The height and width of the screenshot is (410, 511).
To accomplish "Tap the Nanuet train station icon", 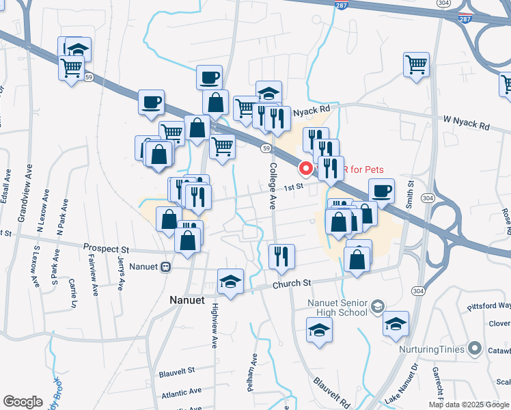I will coord(165,268).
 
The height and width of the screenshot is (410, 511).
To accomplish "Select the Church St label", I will coord(292,283).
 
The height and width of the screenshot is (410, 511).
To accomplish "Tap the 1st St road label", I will coord(293,187).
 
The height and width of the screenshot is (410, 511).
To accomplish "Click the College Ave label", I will coord(273,185).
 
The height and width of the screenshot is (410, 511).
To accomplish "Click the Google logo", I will coord(23,402).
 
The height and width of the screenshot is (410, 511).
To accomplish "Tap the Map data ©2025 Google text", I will coord(467,405).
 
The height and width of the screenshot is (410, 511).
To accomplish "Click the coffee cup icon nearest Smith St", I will coord(381,191).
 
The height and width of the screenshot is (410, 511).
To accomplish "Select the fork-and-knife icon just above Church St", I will coord(281,256).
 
